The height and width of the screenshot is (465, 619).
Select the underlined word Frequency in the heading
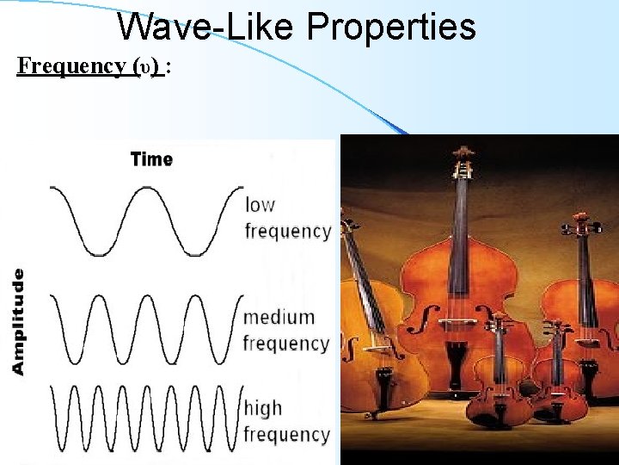click(x=71, y=66)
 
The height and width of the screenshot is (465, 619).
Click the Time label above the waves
click(x=151, y=159)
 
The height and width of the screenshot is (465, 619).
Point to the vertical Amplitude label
click(x=18, y=321)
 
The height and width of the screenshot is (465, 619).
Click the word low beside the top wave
click(x=260, y=205)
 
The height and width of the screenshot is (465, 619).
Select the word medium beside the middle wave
click(x=279, y=317)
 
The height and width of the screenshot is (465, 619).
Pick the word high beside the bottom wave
click(x=263, y=407)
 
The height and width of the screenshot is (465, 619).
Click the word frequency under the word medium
click(x=285, y=344)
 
